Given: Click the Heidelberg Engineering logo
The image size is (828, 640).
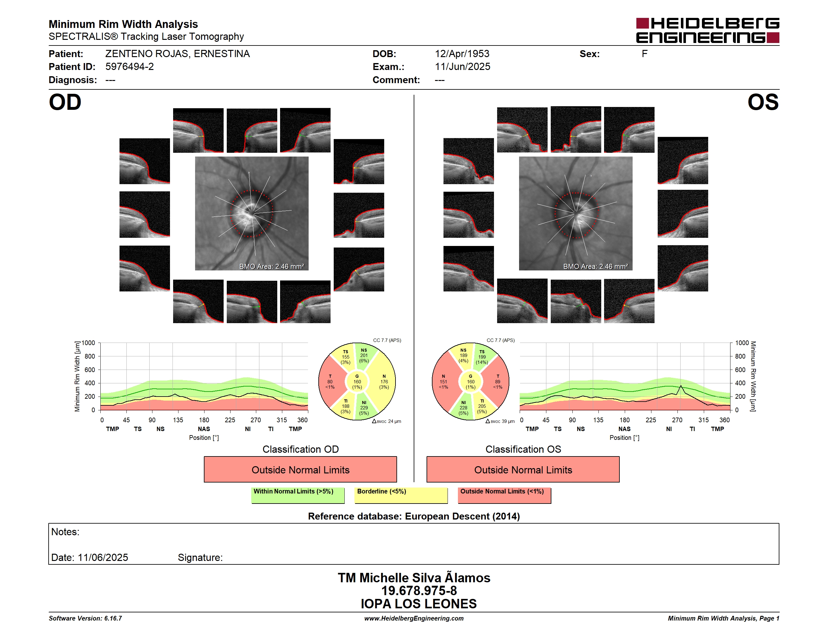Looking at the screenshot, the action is point(708,30).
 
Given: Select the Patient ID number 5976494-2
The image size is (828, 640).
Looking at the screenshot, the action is point(130,67).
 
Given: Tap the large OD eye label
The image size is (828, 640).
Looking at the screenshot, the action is point(65,102).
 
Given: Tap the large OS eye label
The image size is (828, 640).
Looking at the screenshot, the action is point(763,102).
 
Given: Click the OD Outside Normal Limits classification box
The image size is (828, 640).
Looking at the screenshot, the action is point(300,469).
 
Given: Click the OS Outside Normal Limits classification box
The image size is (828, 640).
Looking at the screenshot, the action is point(523,469).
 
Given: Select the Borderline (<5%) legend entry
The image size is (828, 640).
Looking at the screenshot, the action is point(401,495).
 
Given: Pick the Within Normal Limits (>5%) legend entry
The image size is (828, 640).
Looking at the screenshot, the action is point(298,495).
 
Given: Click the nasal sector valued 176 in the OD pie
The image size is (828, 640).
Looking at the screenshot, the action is point(384,382).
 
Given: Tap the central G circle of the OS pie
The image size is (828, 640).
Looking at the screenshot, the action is point(470,382).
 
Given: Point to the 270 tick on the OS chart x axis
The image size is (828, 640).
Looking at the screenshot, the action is point(677,420).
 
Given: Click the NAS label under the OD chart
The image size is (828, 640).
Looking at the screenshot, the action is point(204,429).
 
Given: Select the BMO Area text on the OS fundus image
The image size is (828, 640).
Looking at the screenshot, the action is point(595,267).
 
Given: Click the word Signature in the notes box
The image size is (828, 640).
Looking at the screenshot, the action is point(200,558).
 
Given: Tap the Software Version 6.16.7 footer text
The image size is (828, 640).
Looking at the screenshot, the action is point(85,618).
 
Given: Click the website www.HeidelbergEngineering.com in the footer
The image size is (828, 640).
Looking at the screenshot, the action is point(414,618).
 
